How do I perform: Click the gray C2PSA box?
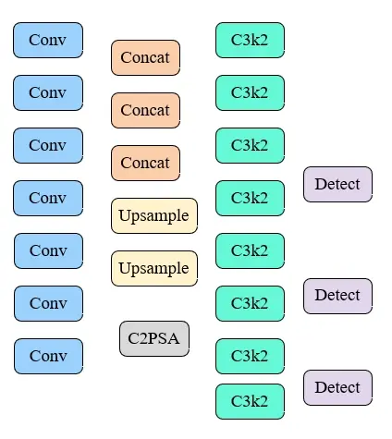[x=153, y=338]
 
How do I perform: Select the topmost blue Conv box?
[x=48, y=40]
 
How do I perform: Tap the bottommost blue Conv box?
[x=48, y=356]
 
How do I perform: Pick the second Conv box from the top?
[x=48, y=92]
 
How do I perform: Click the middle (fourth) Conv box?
[x=48, y=198]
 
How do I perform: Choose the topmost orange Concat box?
[x=145, y=57]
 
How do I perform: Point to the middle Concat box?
[x=145, y=110]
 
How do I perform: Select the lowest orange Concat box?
[x=145, y=163]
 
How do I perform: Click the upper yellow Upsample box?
[x=154, y=215]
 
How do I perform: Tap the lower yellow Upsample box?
[x=154, y=268]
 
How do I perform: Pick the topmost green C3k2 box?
[x=250, y=40]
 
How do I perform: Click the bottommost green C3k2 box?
[x=250, y=401]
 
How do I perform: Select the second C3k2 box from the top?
[x=250, y=92]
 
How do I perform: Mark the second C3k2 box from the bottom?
[x=250, y=356]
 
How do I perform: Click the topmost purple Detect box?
[x=337, y=184]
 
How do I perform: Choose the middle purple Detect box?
[x=337, y=296]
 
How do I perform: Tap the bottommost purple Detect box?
[x=337, y=387]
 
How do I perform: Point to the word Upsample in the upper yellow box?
[x=154, y=215]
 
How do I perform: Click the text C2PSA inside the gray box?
[x=153, y=338]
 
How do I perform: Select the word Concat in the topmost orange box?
[x=145, y=57]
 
